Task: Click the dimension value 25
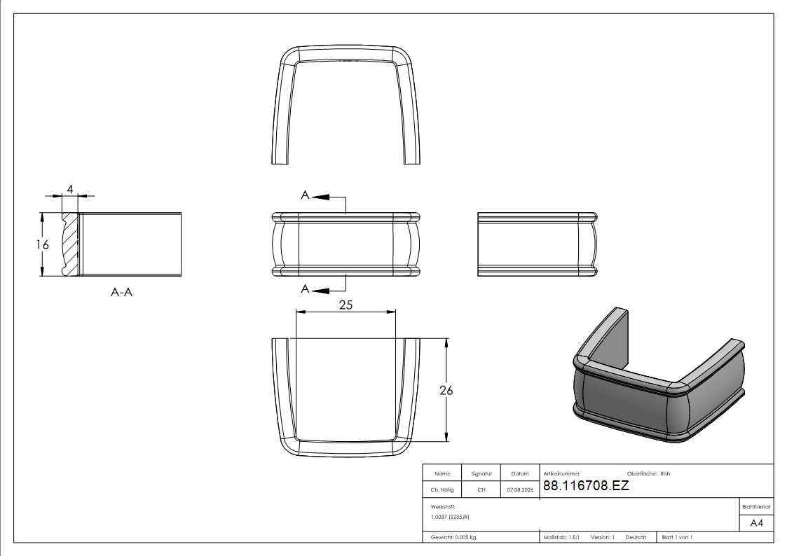345,305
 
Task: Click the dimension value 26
446,390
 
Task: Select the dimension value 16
42,244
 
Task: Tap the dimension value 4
70,189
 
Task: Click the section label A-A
121,292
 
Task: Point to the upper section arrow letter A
305,195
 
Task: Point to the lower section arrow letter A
305,289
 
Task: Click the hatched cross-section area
71,244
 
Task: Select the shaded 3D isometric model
659,375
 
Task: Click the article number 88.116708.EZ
586,485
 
